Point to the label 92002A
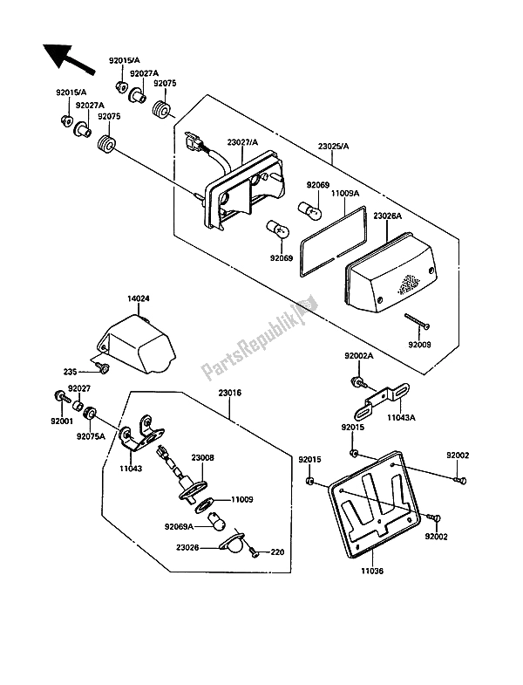[x=358, y=357]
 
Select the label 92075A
[x=90, y=435]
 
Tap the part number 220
[x=278, y=552]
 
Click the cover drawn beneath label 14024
[x=139, y=343]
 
